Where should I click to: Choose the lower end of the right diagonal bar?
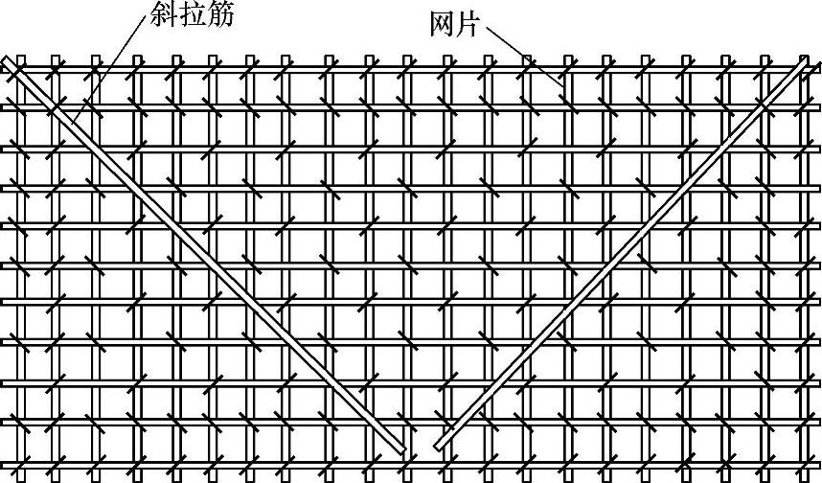(440, 445)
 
